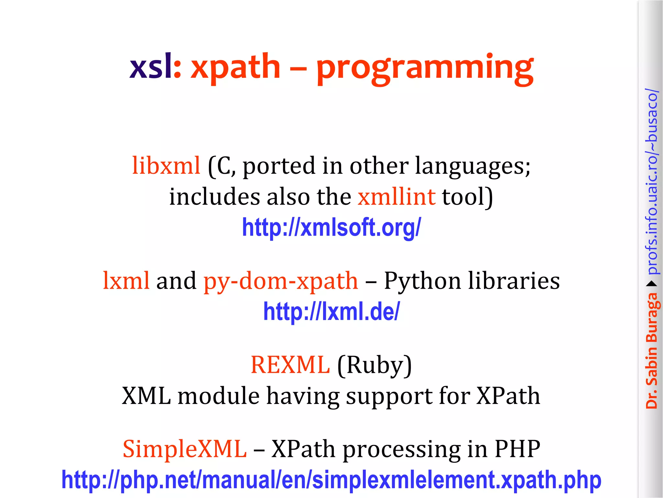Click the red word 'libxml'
pyautogui.click(x=166, y=166)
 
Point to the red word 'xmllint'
pyautogui.click(x=397, y=197)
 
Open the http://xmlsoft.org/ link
pyautogui.click(x=331, y=227)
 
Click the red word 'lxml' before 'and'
pyautogui.click(x=126, y=280)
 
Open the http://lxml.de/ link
pyautogui.click(x=331, y=311)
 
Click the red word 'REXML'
pyautogui.click(x=290, y=365)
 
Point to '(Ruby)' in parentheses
pyautogui.click(x=375, y=366)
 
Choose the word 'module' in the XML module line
pyautogui.click(x=219, y=396)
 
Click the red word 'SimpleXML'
pyautogui.click(x=185, y=449)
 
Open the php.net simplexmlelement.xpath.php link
pyautogui.click(x=331, y=480)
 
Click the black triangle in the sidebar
pyautogui.click(x=651, y=284)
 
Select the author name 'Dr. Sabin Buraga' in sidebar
pyautogui.click(x=651, y=350)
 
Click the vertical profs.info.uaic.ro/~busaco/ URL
pyautogui.click(x=651, y=182)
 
